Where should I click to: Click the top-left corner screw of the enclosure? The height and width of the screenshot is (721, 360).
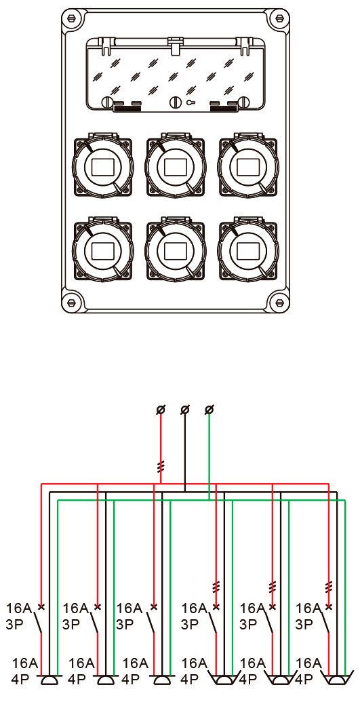(72, 19)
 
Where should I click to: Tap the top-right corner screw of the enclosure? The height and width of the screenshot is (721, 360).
(279, 19)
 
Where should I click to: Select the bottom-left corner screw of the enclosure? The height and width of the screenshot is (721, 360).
(72, 303)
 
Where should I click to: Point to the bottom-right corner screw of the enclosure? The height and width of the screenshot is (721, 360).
(279, 303)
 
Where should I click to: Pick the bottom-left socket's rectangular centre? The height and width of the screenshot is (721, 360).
(102, 251)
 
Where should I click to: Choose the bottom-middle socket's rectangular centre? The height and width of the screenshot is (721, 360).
(175, 251)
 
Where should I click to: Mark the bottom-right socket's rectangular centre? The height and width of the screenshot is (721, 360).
(248, 251)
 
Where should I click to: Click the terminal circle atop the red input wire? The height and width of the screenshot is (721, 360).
(161, 409)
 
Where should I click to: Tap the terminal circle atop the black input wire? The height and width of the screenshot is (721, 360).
(185, 409)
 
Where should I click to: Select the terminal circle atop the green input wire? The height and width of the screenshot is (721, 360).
(209, 409)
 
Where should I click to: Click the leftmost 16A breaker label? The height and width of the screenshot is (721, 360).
(18, 608)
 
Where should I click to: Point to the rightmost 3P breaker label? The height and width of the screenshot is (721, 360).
(304, 625)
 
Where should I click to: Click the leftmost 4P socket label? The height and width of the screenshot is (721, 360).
(20, 680)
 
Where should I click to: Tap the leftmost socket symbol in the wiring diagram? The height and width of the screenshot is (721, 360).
(49, 680)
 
